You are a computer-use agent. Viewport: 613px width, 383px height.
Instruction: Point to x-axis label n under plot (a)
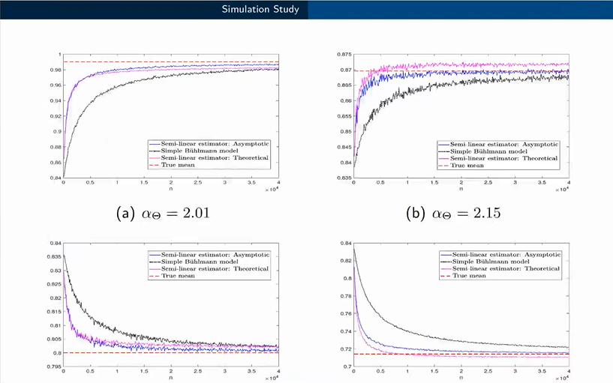[x=170, y=193]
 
